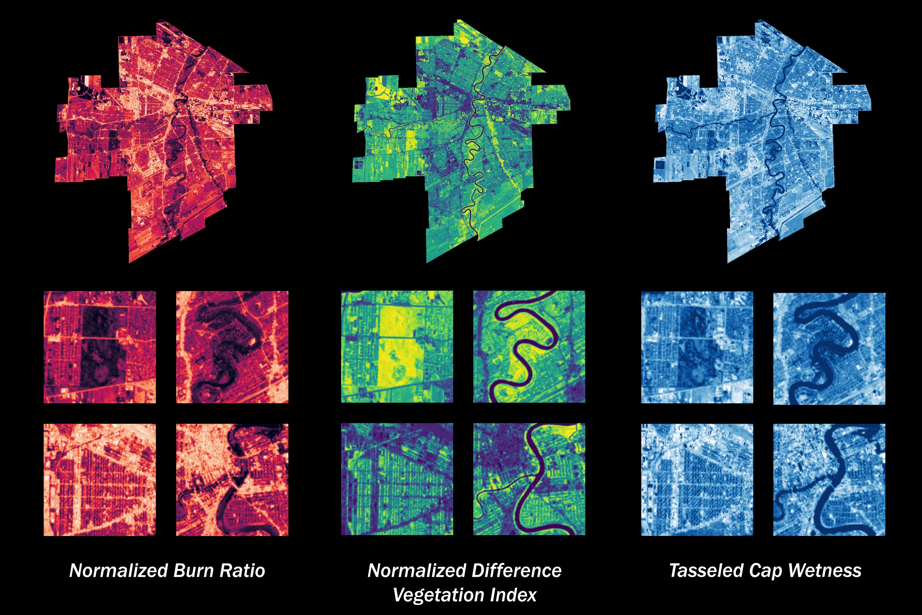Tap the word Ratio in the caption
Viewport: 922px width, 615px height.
(242, 571)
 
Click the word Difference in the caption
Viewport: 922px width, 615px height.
(517, 571)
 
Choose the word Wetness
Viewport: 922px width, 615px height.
(824, 571)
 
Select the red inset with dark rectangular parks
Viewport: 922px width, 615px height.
(99, 347)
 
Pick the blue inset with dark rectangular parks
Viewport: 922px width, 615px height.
(697, 347)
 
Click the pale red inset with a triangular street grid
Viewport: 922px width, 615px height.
(99, 480)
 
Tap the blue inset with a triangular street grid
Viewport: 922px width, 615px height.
(697, 480)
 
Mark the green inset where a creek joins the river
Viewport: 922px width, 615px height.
(529, 479)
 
